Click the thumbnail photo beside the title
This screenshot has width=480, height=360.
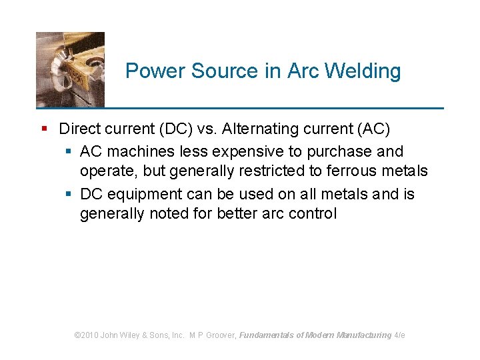point(70,69)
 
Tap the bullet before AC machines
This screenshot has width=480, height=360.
point(69,151)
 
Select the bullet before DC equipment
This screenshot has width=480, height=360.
point(69,194)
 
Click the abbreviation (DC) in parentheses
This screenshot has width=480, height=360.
point(193,129)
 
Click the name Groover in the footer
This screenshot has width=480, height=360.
point(219,335)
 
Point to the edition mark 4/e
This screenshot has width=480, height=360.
point(400,335)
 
